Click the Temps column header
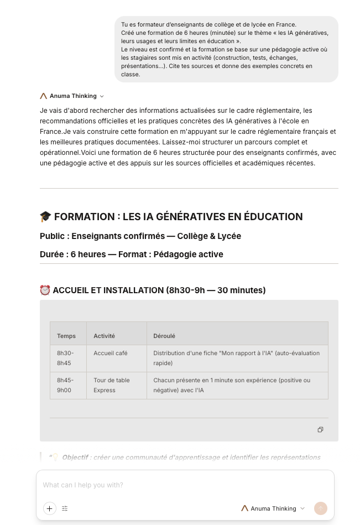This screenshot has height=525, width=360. [x=66, y=336]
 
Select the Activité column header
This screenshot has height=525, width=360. [x=105, y=336]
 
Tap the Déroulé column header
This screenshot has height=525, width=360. [x=164, y=336]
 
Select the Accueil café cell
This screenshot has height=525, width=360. [x=111, y=353]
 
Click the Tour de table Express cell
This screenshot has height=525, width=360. [x=112, y=385]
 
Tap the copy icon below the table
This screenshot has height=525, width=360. [x=320, y=430]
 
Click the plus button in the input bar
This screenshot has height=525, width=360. [x=50, y=508]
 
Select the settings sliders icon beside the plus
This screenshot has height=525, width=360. [x=65, y=508]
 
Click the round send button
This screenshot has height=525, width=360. [x=321, y=508]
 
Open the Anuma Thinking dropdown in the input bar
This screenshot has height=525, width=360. [x=273, y=508]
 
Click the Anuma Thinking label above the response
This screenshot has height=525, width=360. [x=72, y=96]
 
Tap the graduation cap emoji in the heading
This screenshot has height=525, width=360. [x=45, y=217]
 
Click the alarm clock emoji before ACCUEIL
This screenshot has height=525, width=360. [x=45, y=290]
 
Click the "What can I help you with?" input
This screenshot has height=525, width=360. [x=166, y=485]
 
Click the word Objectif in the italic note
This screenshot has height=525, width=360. [x=75, y=458]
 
